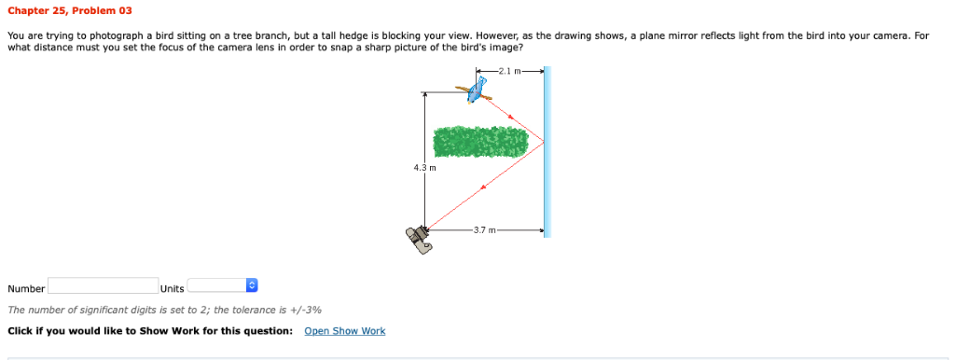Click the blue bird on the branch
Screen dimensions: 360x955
(x=478, y=90)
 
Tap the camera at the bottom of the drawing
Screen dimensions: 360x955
(x=419, y=239)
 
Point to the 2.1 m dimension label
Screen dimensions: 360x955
(x=509, y=71)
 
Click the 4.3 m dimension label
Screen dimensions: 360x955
(x=423, y=168)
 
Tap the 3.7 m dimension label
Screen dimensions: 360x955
(x=485, y=228)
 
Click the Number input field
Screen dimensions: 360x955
(x=103, y=286)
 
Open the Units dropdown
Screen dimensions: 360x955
(x=222, y=286)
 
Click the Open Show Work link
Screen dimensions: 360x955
(x=344, y=331)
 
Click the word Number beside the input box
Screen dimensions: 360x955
(x=26, y=288)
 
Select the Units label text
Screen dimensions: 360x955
(x=173, y=288)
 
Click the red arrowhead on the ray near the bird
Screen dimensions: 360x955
(x=512, y=117)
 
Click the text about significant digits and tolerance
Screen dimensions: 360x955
(x=165, y=310)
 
